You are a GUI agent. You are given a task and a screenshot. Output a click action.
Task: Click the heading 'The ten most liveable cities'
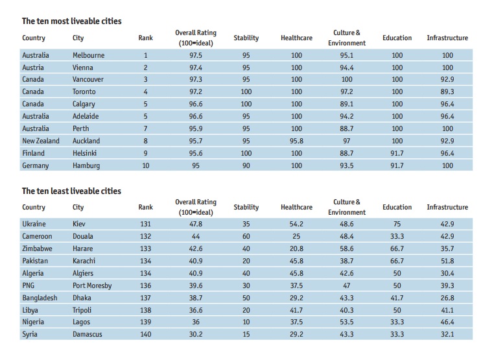click(x=71, y=21)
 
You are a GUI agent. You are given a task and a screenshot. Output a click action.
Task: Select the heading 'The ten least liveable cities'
click(x=71, y=191)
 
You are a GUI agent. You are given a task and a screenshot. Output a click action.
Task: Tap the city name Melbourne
click(x=88, y=55)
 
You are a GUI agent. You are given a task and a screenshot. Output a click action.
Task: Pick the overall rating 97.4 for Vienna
click(x=196, y=67)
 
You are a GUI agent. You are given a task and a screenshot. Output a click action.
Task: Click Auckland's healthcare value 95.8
click(x=296, y=141)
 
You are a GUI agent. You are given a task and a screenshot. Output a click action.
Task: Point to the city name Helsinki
click(x=86, y=153)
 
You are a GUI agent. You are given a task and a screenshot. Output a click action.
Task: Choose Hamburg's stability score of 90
click(x=246, y=165)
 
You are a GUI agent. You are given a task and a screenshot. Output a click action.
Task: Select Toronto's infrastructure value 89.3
click(x=447, y=92)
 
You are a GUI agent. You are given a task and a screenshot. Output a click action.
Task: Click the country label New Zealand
click(x=40, y=141)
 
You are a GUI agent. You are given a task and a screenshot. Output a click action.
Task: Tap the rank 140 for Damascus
click(x=146, y=335)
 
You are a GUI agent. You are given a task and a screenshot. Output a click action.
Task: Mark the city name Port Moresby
click(x=91, y=285)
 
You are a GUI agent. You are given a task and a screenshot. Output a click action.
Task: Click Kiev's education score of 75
click(x=397, y=224)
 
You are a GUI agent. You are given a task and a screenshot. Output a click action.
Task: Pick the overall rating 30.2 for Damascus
click(x=196, y=335)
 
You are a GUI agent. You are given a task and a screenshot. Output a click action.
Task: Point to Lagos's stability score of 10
click(x=246, y=322)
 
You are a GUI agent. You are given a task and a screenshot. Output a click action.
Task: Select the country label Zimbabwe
click(x=38, y=248)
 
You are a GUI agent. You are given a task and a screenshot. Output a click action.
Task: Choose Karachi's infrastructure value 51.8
click(x=447, y=261)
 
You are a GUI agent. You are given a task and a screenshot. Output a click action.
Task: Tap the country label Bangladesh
click(x=40, y=298)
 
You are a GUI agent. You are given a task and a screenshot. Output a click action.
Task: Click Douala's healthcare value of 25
click(x=296, y=236)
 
